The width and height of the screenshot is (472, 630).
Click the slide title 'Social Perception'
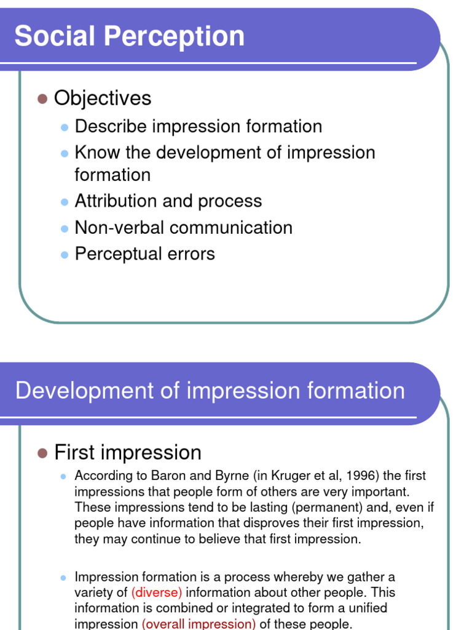click(130, 36)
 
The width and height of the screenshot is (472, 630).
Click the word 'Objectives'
click(103, 98)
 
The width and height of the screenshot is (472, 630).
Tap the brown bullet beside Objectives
click(42, 98)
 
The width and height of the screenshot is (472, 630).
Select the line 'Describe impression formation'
click(198, 126)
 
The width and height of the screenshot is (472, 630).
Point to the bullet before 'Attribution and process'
click(64, 202)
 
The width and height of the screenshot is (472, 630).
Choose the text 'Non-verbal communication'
click(183, 228)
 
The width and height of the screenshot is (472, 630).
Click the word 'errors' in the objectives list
click(195, 254)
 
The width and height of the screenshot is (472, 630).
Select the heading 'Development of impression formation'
click(210, 391)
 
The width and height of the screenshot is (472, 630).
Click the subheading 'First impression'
click(128, 452)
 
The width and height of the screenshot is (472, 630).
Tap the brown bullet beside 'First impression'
click(42, 453)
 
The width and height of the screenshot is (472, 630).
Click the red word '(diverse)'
click(157, 592)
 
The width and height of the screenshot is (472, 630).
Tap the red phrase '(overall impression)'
click(199, 624)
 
